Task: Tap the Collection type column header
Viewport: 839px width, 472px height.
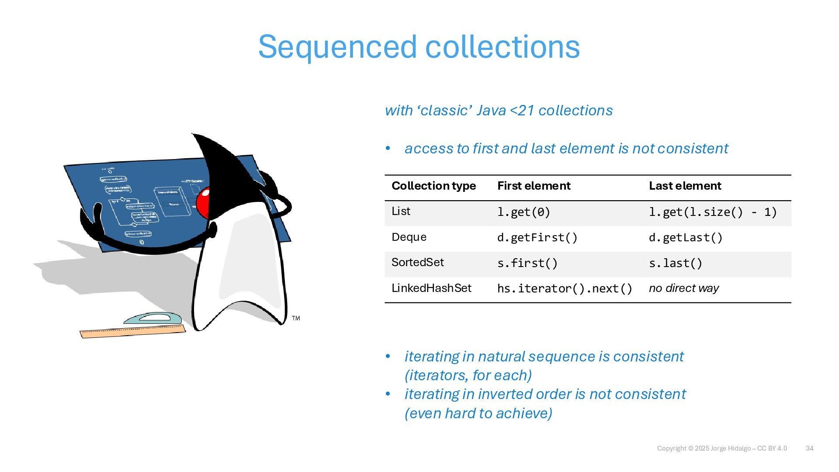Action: (433, 186)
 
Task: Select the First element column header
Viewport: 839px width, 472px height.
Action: (534, 186)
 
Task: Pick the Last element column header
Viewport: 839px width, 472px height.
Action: (685, 186)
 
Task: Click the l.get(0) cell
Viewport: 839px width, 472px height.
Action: (524, 212)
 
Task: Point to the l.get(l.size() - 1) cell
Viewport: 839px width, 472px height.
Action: (713, 212)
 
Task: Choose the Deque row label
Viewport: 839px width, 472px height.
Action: (409, 237)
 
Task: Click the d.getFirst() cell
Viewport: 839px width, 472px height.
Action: (537, 238)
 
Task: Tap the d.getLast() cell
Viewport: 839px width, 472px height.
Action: (686, 238)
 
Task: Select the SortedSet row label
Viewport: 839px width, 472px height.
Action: (417, 263)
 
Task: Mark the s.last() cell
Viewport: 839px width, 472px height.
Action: (676, 264)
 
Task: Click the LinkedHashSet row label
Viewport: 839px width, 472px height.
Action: (431, 288)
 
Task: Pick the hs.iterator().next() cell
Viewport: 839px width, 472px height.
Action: (565, 289)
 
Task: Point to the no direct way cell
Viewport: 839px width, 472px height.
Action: (683, 288)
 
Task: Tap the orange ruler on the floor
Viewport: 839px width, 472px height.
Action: (132, 332)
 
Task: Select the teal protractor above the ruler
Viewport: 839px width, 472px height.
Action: (153, 318)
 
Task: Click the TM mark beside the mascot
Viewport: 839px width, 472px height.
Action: (296, 318)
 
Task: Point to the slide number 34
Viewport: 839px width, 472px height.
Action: (809, 448)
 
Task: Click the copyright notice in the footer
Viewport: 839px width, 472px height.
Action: (722, 448)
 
